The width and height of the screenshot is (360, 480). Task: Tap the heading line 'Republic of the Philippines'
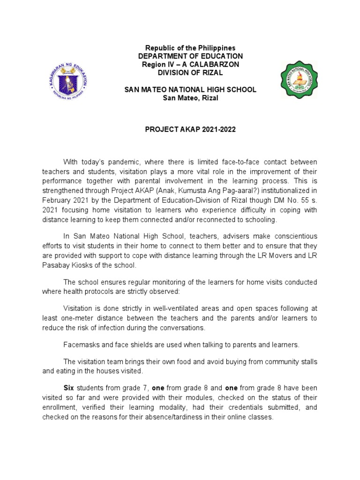point(190,48)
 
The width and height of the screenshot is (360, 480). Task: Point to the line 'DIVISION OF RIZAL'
point(190,73)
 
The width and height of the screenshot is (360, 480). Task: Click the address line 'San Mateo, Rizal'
point(190,97)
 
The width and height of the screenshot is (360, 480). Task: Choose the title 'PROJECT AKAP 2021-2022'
point(190,129)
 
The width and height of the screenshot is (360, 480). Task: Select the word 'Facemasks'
point(80,345)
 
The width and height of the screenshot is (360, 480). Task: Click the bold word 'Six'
point(68,388)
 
